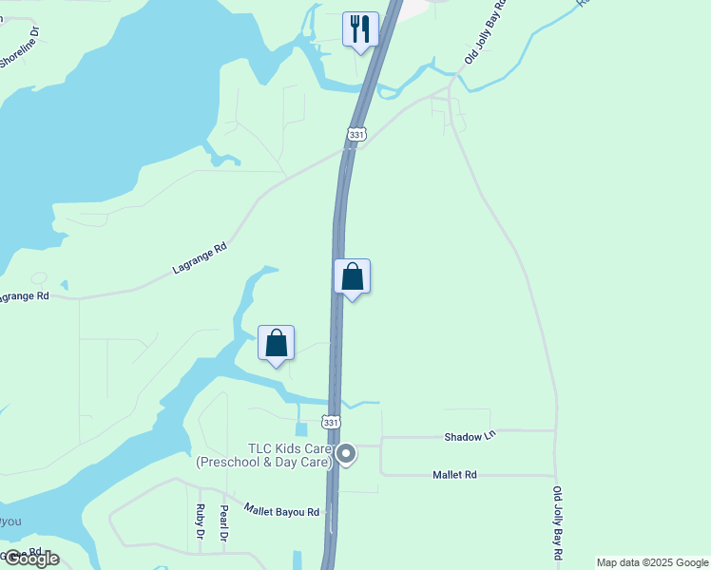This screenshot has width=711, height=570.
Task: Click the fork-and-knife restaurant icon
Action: click(x=360, y=28)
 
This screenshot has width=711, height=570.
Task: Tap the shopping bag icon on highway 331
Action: click(x=352, y=276)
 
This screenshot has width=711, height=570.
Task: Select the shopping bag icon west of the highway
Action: click(x=277, y=343)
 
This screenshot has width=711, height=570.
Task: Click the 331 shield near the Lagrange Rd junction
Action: click(x=356, y=136)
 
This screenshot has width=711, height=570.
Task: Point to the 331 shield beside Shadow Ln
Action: click(x=331, y=422)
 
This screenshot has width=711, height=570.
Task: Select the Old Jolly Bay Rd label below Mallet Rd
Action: click(x=558, y=522)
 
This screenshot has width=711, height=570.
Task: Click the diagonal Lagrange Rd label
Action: click(x=201, y=258)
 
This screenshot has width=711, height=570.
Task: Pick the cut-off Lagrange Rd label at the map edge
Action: click(x=23, y=296)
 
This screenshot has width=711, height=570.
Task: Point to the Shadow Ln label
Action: click(x=471, y=437)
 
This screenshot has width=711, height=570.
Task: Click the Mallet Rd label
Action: click(x=454, y=474)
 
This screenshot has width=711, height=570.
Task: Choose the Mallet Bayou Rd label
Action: click(x=282, y=512)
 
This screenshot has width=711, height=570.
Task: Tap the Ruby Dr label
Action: click(x=201, y=522)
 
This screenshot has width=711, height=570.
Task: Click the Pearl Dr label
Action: click(x=224, y=522)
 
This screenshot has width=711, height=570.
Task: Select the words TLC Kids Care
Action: click(x=290, y=448)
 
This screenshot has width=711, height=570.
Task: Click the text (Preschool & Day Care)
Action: click(x=264, y=463)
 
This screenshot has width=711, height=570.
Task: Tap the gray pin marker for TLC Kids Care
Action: click(x=347, y=455)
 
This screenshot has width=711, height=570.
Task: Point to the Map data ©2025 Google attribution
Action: click(x=652, y=562)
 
